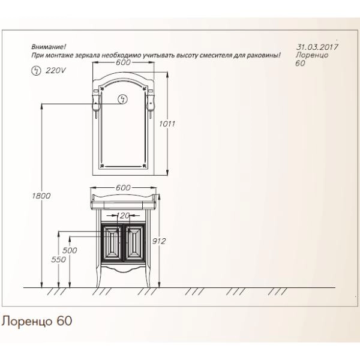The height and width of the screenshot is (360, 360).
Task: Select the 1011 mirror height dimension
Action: (167, 124)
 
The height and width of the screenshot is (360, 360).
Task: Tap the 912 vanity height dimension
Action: (159, 241)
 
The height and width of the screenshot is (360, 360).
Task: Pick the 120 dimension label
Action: (124, 214)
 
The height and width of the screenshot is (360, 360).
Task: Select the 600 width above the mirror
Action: (124, 63)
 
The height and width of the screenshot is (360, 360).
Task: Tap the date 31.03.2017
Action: (317, 46)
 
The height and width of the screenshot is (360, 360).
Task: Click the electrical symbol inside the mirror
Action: (124, 100)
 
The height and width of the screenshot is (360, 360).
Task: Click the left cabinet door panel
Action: (110, 244)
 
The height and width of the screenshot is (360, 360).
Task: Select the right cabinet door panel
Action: (133, 244)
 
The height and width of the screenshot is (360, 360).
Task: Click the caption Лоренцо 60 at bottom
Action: (37, 321)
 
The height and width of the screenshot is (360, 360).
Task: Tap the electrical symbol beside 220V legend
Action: (35, 70)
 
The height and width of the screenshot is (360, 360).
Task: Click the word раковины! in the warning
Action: (265, 55)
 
